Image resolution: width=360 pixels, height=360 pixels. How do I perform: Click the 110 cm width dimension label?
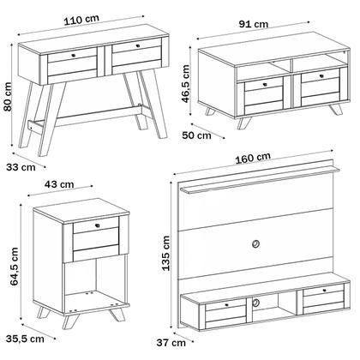coord(81,20)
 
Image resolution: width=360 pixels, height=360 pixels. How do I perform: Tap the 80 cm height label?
coord(7,97)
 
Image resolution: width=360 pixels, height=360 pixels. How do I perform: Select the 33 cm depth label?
coord(21,167)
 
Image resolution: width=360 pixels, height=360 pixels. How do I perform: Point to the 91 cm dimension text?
coord(254,24)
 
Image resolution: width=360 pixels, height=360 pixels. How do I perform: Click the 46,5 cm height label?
coord(185,84)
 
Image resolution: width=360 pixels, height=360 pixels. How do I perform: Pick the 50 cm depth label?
coord(197,135)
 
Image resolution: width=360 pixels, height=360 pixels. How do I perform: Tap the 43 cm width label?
coord(59,184)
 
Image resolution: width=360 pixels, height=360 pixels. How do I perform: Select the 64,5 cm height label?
coord(14,267)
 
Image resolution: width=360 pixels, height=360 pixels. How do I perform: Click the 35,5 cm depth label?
coord(25,339)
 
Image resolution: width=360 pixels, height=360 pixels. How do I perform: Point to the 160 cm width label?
coord(253,158)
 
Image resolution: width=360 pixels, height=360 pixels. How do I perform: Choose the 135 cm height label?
coord(165,253)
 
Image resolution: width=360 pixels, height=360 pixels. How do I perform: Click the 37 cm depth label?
coord(171,343)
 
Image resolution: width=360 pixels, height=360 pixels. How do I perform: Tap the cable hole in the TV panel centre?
coord(255,243)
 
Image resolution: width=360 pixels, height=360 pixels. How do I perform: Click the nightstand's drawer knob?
coord(99,225)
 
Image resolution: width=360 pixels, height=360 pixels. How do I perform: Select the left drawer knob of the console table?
coord(74,55)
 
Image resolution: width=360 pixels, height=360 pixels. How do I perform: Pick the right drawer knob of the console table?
coord(138,45)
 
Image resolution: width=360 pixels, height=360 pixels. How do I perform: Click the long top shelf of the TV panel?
coord(260,179)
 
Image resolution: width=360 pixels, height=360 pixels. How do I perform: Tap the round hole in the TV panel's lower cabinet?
coord(255,303)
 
